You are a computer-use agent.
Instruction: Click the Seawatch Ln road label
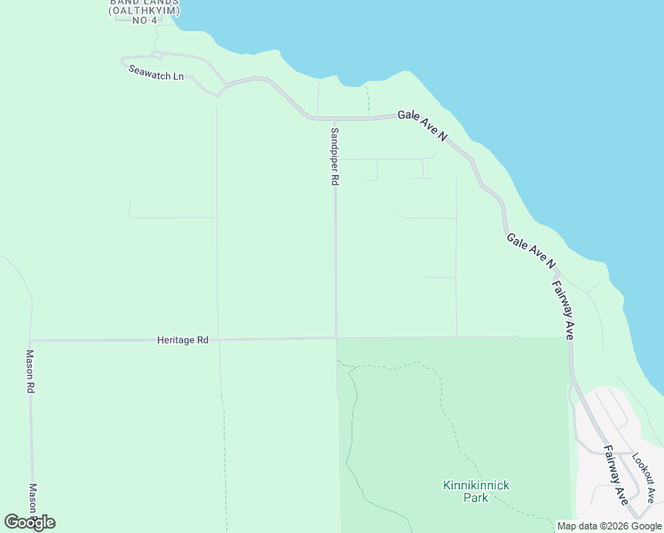(155, 75)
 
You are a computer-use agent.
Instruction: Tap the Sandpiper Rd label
(335, 155)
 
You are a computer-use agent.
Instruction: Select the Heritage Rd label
(182, 339)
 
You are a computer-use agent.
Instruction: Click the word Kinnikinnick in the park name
(476, 485)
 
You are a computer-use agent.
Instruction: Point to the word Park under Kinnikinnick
(476, 497)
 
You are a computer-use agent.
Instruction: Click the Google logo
(29, 522)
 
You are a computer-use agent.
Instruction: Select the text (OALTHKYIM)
(145, 10)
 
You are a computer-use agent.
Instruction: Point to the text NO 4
(144, 20)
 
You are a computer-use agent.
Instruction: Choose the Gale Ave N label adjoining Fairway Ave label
(531, 251)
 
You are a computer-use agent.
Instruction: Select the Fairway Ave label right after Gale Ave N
(564, 310)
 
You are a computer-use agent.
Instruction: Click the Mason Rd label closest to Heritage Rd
(29, 371)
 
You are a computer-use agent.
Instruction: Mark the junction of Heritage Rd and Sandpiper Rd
(335, 338)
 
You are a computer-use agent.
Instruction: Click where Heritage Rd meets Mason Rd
(29, 340)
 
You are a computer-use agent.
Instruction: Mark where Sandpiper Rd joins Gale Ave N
(335, 118)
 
